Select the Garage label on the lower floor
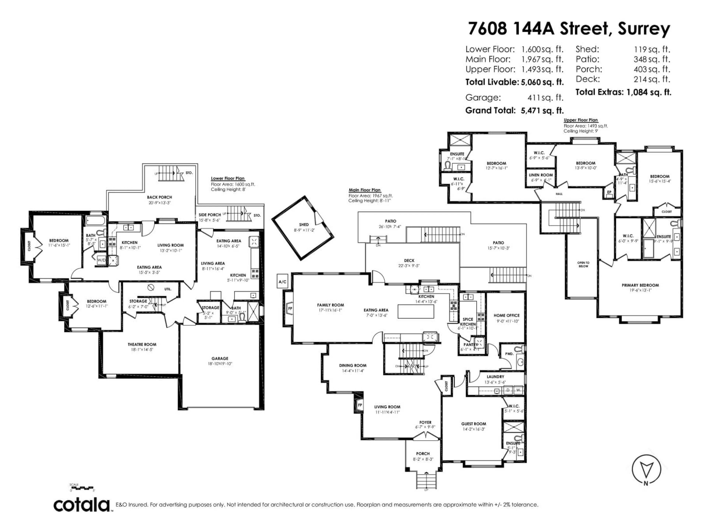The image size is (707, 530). (220, 358)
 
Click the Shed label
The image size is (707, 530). (304, 225)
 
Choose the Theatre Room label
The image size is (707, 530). (142, 344)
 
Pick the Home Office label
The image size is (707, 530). (507, 315)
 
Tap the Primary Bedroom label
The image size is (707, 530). (640, 285)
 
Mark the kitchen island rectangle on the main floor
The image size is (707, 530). (416, 311)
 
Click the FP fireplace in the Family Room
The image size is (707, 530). (290, 309)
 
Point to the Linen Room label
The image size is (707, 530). (541, 175)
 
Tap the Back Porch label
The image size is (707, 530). (159, 197)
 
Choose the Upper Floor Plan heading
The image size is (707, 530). (581, 120)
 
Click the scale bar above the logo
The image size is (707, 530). (82, 488)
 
